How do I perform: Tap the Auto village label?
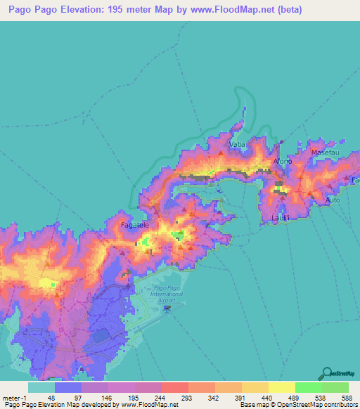point(333,200)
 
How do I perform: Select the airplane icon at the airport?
point(167,308)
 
